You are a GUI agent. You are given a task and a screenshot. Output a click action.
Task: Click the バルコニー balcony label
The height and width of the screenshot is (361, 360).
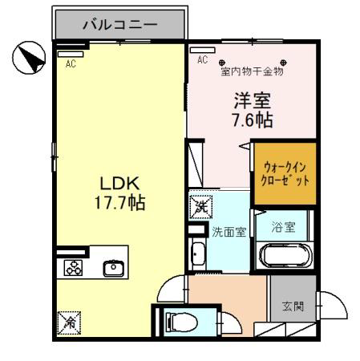pos(120,25)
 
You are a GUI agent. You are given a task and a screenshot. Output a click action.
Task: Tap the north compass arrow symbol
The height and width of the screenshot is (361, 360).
pos(29,58)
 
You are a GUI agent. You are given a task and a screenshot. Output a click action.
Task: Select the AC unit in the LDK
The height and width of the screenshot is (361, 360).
pos(71,54)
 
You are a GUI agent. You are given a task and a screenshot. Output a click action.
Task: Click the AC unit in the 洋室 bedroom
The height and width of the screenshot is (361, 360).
pos(203,50)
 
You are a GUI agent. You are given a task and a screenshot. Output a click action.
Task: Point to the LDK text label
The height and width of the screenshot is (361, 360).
pos(119,184)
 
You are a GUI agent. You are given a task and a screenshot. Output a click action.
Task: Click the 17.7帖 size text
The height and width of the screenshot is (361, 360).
pos(119,202)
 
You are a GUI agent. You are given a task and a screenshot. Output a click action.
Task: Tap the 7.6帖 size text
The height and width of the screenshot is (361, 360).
pos(253,120)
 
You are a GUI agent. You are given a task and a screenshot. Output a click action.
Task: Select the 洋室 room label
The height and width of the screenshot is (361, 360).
pos(253,100)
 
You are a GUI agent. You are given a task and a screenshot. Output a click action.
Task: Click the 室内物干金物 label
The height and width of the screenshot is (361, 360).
pos(252,71)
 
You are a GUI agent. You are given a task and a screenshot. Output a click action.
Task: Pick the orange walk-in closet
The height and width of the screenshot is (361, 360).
pos(285,174)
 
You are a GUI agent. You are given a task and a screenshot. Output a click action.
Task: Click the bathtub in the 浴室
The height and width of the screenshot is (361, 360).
pos(285,256)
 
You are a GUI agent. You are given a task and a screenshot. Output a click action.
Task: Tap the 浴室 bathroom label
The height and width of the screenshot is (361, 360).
pos(284,228)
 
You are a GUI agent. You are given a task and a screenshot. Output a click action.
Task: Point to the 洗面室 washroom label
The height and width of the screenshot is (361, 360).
pos(229,232)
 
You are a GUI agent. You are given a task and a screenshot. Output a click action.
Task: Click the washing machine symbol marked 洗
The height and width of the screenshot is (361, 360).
pos(201,207)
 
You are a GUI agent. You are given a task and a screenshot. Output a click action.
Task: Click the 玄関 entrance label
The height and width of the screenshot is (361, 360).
pos(293,306)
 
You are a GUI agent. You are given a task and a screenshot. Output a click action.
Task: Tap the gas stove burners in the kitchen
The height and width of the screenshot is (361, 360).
pos(74,268)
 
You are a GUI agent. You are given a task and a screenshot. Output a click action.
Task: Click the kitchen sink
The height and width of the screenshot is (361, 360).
pos(114,269)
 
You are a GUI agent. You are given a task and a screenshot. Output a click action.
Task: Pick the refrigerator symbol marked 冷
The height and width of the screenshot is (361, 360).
pos(69,323)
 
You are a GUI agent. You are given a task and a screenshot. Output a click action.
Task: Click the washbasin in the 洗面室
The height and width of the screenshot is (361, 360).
pos(198,254)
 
